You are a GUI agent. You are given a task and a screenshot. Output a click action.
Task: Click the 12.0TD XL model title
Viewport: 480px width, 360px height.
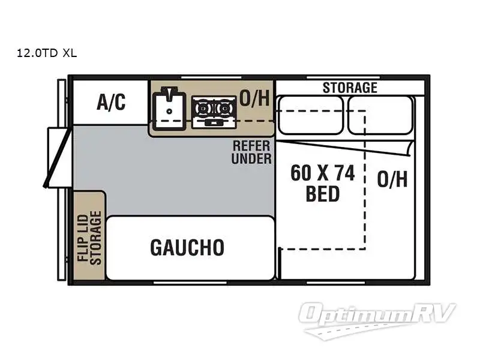[47, 53]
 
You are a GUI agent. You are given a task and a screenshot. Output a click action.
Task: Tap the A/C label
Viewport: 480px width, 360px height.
[111, 103]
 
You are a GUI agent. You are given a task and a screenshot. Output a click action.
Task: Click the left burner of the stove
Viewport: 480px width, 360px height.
[202, 109]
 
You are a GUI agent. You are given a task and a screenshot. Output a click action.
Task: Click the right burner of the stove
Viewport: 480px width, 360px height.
[224, 109]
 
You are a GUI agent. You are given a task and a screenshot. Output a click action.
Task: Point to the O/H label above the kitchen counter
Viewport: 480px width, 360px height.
[254, 98]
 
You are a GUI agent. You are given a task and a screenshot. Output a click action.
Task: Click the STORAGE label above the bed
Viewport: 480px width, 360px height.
[350, 88]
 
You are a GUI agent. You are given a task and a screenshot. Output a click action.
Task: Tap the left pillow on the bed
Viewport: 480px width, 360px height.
[311, 115]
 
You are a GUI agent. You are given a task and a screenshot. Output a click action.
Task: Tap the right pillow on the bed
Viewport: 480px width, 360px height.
[380, 115]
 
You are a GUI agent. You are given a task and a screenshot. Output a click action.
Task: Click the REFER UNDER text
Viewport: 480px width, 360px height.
[251, 152]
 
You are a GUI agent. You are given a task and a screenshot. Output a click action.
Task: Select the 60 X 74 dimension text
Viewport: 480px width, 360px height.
[322, 173]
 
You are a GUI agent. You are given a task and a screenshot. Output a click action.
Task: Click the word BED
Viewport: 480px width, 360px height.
[322, 194]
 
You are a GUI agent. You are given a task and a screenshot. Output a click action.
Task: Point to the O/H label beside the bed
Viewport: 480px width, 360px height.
[392, 179]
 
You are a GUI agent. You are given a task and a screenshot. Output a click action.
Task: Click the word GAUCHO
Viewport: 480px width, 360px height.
[187, 247]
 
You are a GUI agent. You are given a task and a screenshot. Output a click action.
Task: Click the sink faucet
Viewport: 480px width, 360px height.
[170, 93]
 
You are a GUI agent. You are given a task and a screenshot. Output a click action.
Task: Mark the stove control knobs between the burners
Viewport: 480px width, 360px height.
[213, 122]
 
